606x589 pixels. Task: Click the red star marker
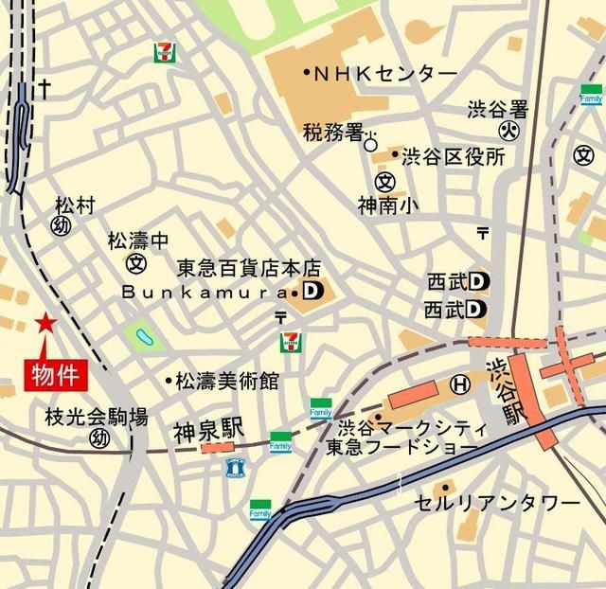pyautogui.click(x=45, y=324)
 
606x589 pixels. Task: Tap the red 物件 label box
pyautogui.click(x=54, y=373)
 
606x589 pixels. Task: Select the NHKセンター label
pyautogui.click(x=384, y=73)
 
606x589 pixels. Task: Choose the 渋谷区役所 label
pyautogui.click(x=453, y=156)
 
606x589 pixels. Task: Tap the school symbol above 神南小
pyautogui.click(x=384, y=181)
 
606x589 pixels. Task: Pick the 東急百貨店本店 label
pyautogui.click(x=250, y=269)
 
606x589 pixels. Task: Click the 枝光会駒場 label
pyautogui.click(x=97, y=416)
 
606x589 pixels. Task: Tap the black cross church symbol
pyautogui.click(x=44, y=89)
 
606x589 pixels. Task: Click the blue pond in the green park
pyautogui.click(x=144, y=335)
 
